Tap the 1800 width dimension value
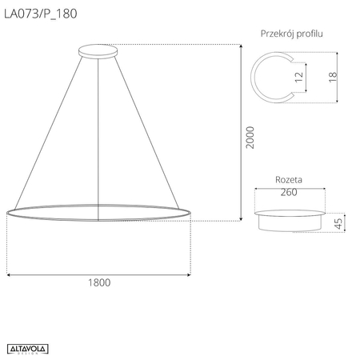[x=99, y=282]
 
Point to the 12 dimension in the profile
[x=298, y=78]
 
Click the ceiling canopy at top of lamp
[x=99, y=53]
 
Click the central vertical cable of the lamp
[x=99, y=128]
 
